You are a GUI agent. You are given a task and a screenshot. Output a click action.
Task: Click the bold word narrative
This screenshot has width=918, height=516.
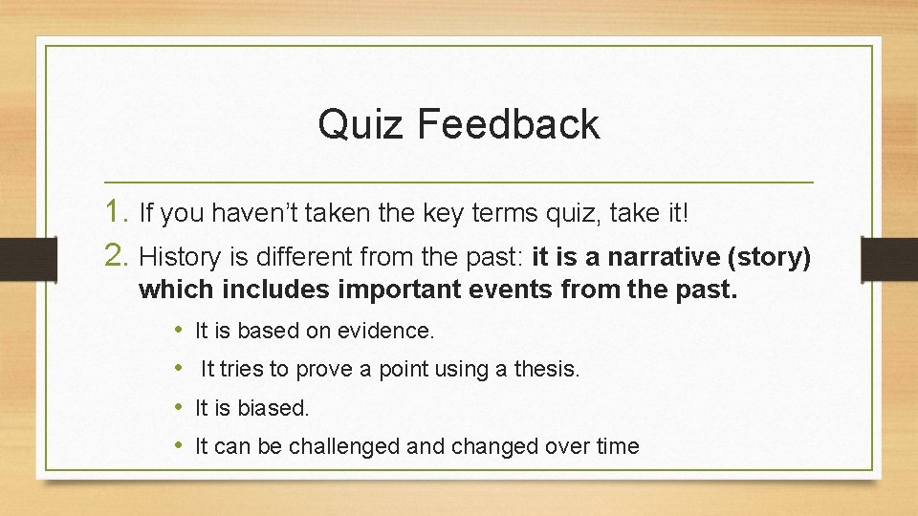tap(659, 256)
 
